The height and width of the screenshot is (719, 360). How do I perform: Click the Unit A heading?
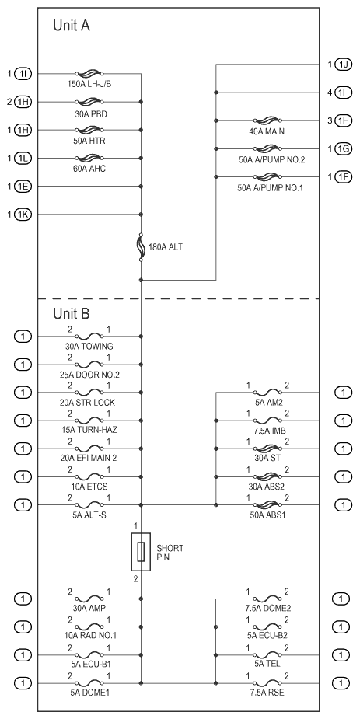[x=72, y=25]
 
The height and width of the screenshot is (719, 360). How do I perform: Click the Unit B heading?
[x=72, y=314]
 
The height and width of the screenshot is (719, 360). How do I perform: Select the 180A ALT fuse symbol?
[x=141, y=248]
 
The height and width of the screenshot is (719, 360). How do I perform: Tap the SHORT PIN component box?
[x=141, y=552]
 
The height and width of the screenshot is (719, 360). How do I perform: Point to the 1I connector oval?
[x=23, y=73]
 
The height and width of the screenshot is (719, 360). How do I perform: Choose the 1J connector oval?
[x=344, y=65]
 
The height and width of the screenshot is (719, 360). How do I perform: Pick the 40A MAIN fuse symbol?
[x=267, y=121]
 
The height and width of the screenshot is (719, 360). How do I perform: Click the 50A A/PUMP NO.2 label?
[x=271, y=159]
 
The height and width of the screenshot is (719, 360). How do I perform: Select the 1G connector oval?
[x=344, y=149]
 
